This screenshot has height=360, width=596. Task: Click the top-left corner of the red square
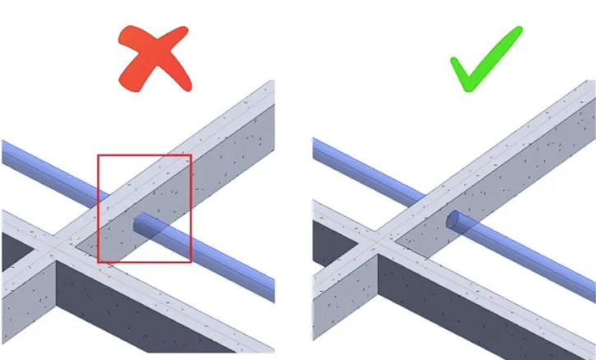pos(99,155)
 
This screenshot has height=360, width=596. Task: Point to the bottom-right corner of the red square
pos(191,261)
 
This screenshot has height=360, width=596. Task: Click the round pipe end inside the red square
pos(137,223)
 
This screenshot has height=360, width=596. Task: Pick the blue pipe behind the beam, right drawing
pos(362,161)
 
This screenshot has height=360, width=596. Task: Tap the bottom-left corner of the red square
pos(99,261)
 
